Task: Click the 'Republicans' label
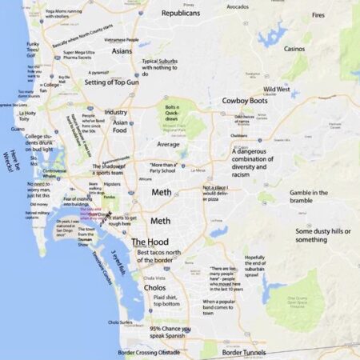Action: (x=180, y=14)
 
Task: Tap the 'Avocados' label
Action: (x=238, y=7)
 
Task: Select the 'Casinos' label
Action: (x=294, y=49)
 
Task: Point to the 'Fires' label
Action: (x=318, y=15)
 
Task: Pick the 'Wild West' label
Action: (x=277, y=89)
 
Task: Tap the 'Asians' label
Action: (x=122, y=50)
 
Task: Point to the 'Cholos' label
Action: (x=154, y=287)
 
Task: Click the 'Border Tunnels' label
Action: (x=243, y=352)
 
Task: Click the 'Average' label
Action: (x=168, y=145)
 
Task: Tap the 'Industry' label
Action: (x=116, y=113)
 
